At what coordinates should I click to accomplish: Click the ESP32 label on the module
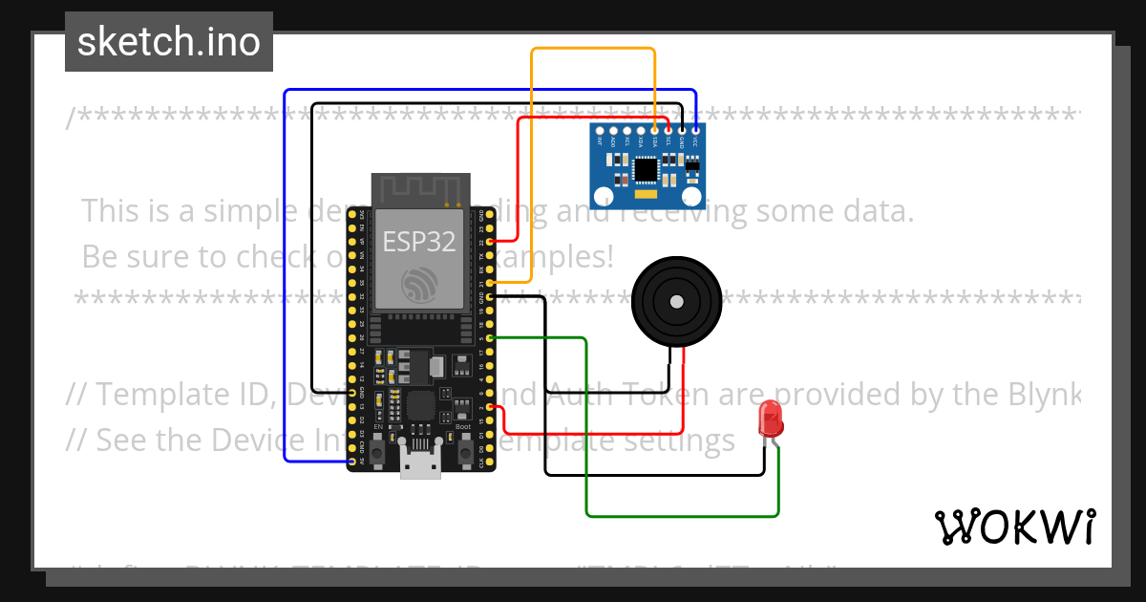[419, 241]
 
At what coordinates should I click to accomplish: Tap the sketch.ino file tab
[168, 42]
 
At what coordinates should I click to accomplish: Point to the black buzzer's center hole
[676, 302]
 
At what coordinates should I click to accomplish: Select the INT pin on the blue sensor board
[600, 130]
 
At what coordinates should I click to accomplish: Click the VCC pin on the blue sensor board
[696, 130]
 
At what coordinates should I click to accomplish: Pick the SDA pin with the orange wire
[654, 130]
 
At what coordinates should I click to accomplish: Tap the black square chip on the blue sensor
[647, 169]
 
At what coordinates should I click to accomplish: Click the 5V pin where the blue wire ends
[352, 462]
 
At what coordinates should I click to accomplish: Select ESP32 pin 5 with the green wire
[490, 338]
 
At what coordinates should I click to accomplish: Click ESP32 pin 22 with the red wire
[490, 242]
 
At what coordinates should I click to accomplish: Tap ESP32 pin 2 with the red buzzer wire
[490, 407]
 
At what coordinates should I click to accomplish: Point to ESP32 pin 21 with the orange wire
[490, 283]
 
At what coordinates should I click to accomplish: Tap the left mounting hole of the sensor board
[604, 197]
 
